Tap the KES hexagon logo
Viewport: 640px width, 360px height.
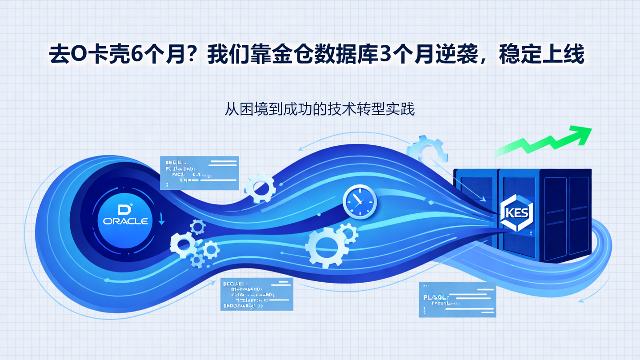(516, 212)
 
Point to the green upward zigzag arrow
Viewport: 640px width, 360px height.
(547, 140)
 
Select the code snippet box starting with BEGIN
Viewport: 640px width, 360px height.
(200, 172)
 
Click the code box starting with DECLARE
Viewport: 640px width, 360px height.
(257, 294)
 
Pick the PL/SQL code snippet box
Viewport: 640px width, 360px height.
(457, 300)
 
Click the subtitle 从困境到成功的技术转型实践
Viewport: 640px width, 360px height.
(320, 109)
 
